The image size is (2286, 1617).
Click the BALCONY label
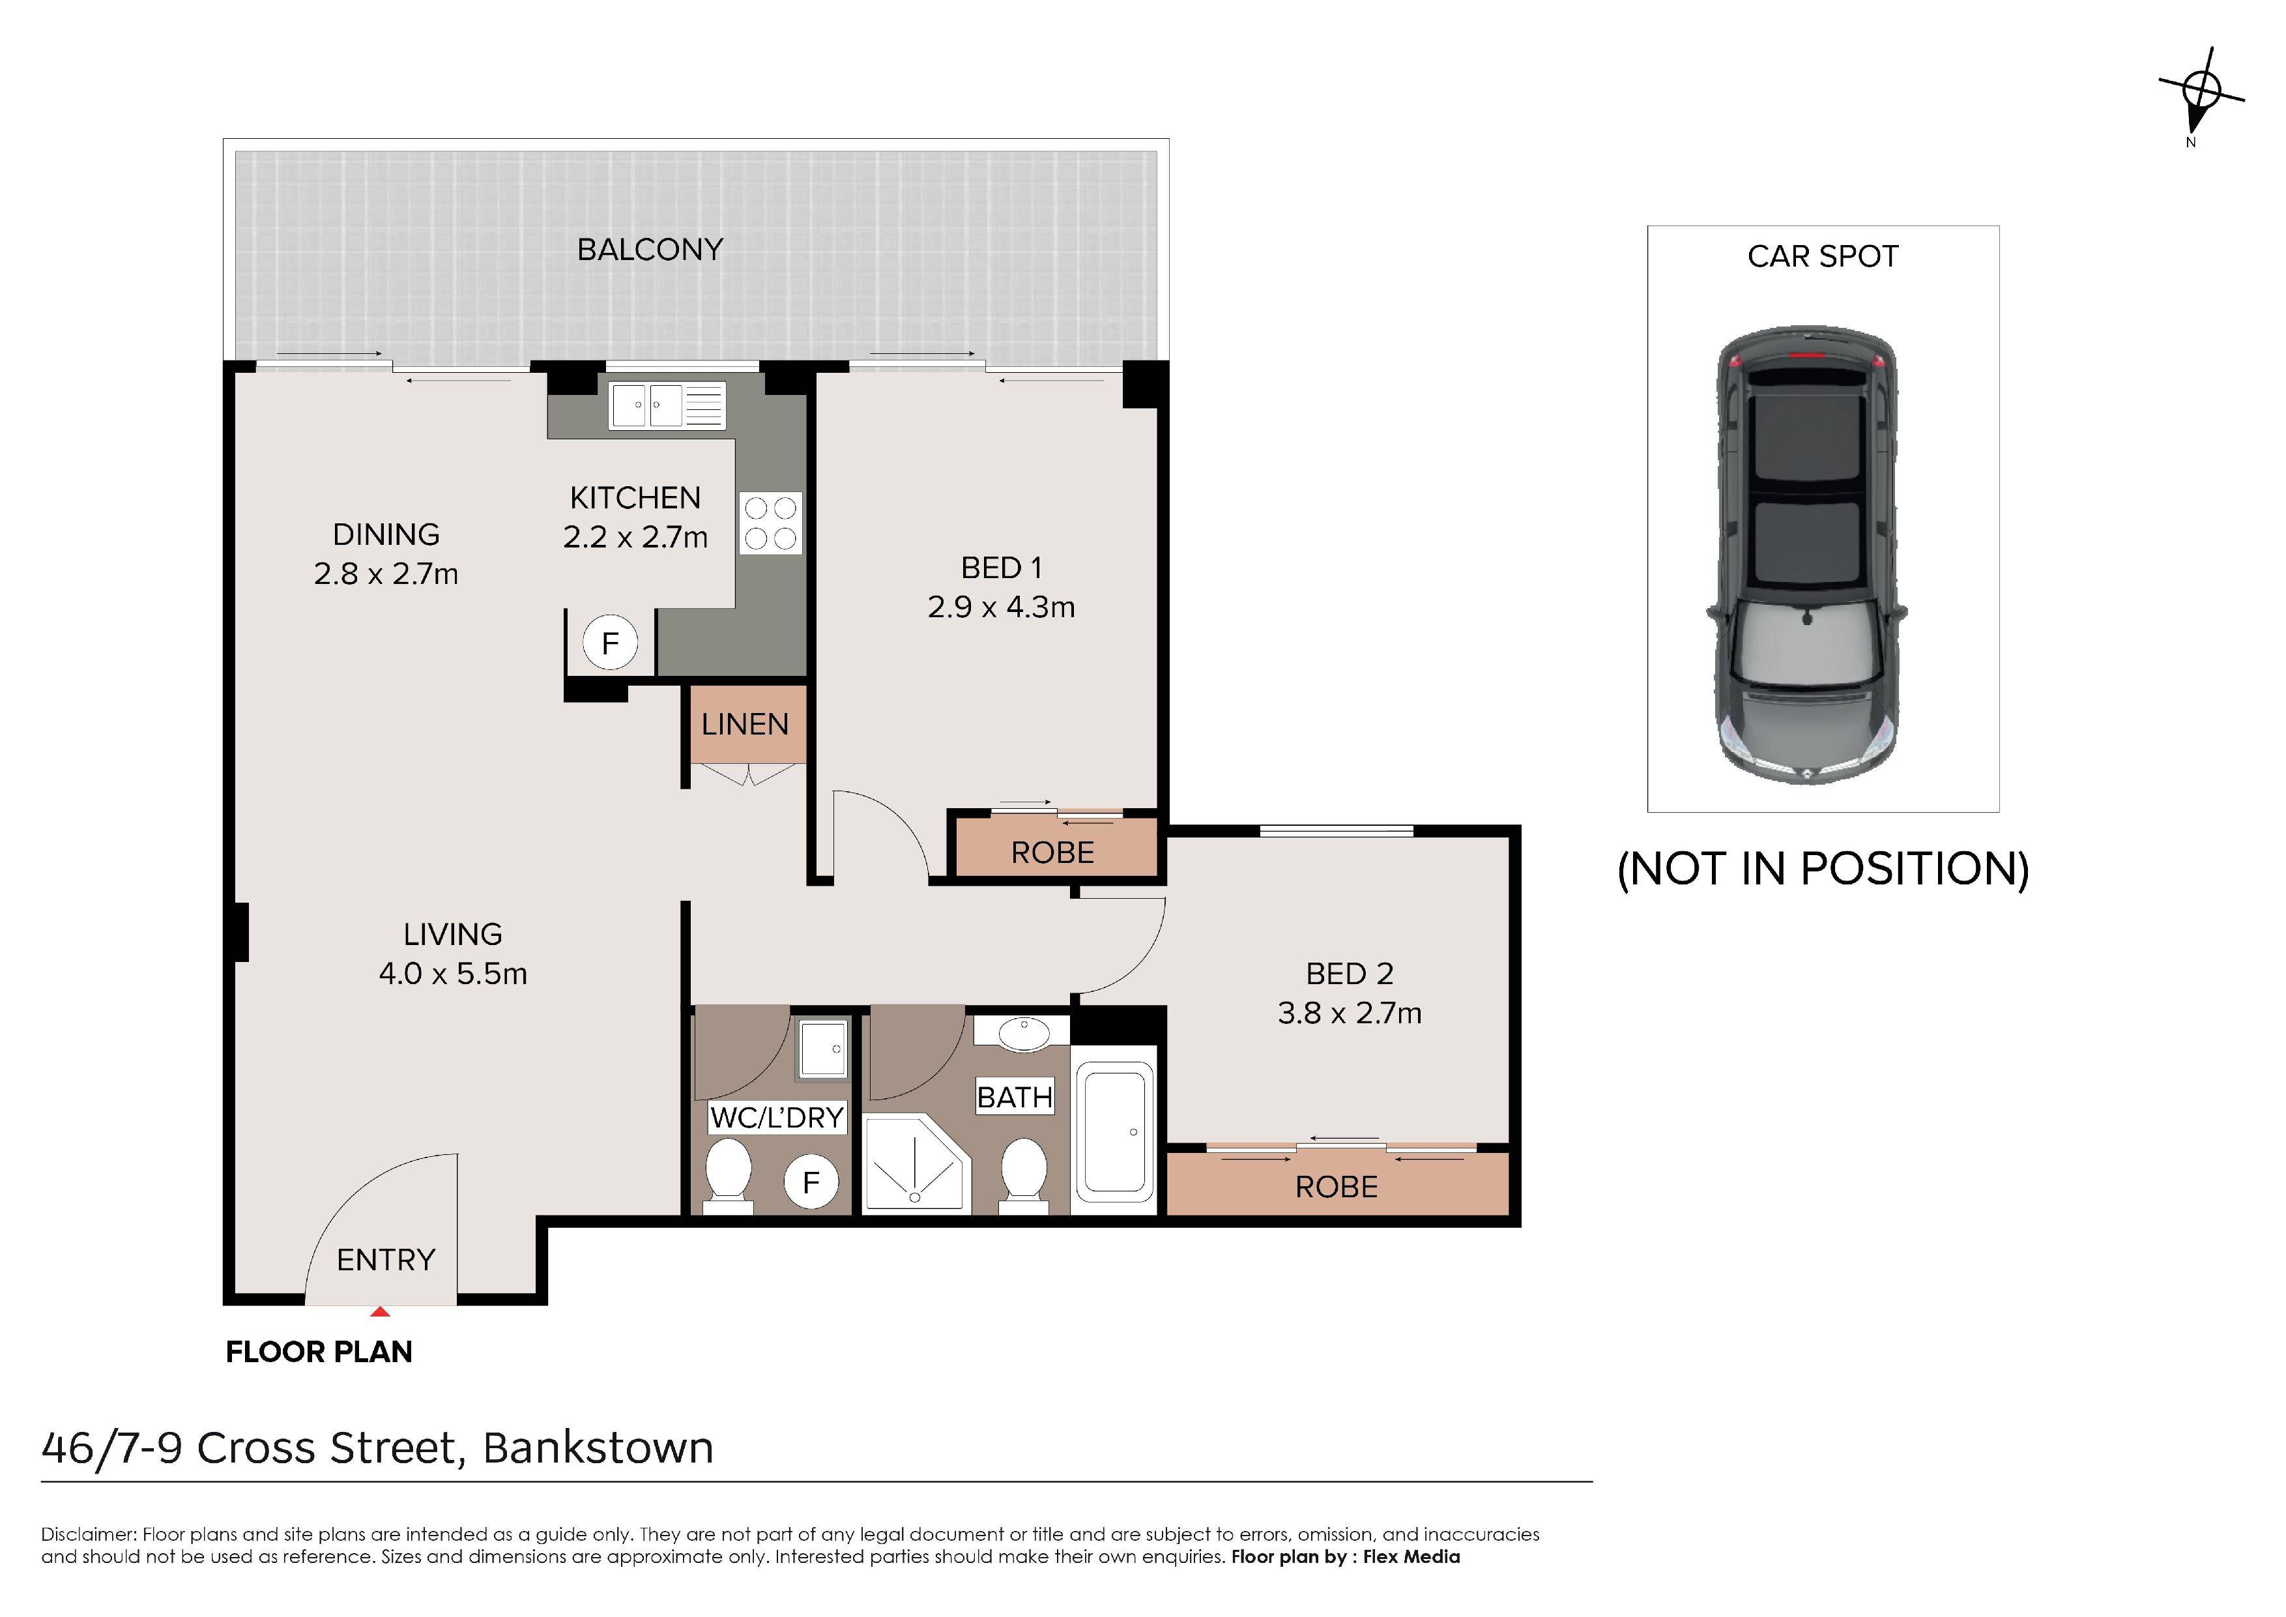pos(650,249)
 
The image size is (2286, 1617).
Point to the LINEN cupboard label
pos(745,724)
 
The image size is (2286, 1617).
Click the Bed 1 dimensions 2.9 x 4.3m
pos(1002,607)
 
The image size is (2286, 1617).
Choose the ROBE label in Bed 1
pos(1052,852)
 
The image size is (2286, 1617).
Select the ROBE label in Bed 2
pos(1336,1187)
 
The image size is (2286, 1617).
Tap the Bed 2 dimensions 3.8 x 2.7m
pos(1350,1013)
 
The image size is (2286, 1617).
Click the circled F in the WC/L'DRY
pos(811,1182)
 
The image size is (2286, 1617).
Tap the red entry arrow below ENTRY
pos(379,1311)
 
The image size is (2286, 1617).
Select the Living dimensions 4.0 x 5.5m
pos(453,974)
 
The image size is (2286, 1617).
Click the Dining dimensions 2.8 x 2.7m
pos(386,574)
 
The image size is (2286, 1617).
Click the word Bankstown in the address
pos(598,1448)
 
